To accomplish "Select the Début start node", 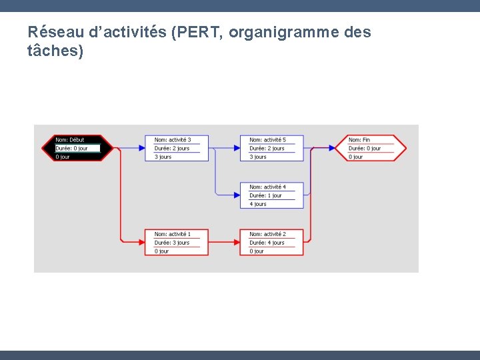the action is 77,148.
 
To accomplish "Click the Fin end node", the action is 376,148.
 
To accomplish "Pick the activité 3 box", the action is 177,148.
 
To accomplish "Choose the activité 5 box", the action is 271,148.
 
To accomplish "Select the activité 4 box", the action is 271,195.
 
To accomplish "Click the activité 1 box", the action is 177,243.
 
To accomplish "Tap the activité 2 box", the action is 271,243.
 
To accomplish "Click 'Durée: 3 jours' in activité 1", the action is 172,243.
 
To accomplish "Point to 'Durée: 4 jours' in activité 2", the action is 267,243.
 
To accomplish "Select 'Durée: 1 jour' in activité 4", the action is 265,195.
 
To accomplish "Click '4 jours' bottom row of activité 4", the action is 258,204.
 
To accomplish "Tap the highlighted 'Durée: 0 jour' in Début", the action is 77,148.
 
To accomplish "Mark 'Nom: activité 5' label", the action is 267,140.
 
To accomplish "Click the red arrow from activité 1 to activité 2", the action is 224,243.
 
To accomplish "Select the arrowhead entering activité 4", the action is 236,195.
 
